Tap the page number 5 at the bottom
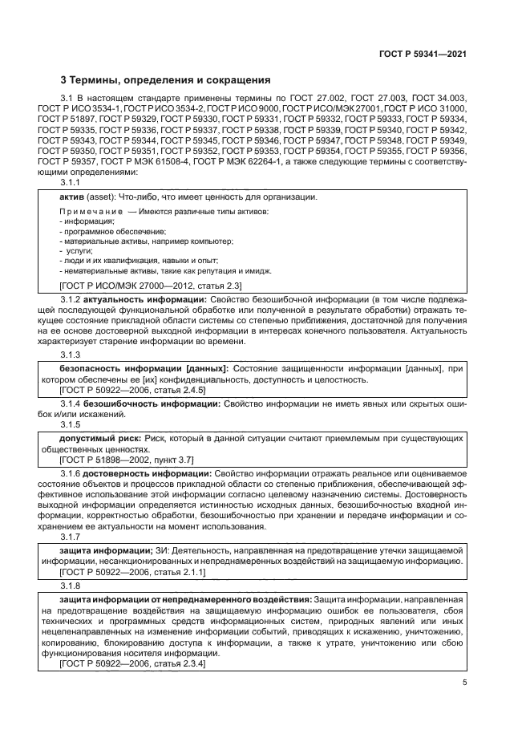tap(464, 683)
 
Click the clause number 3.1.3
tap(71, 354)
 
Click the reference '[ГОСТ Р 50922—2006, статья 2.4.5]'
tap(132, 389)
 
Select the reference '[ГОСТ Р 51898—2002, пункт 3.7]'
tap(127, 460)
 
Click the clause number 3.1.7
tap(71, 537)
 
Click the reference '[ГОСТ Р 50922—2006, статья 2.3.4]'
tap(132, 664)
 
